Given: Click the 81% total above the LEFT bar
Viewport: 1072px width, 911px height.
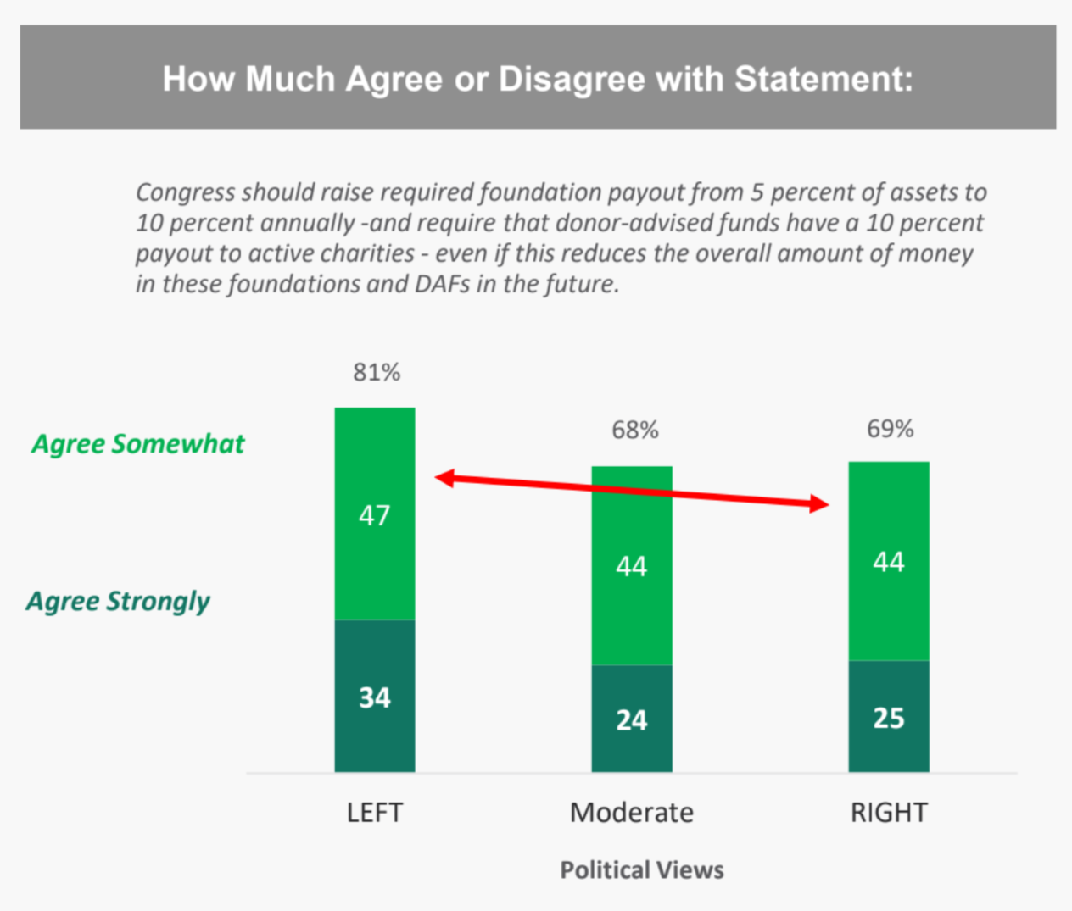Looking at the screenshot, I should tap(377, 372).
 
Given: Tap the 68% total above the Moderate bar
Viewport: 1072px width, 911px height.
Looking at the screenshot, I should tap(635, 431).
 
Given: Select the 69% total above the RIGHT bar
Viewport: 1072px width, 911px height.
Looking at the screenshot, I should tap(890, 429).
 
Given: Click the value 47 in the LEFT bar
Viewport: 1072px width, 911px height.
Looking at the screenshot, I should tap(374, 515).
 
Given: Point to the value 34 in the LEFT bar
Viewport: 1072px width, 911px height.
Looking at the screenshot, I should tap(374, 697).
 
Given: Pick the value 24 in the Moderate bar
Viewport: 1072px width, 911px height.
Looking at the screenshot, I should tap(631, 720).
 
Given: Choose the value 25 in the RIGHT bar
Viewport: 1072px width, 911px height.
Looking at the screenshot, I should tap(888, 718).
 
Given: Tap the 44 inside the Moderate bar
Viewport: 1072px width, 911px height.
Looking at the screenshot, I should tap(631, 566).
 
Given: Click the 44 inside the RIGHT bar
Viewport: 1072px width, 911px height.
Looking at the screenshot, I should tap(888, 562).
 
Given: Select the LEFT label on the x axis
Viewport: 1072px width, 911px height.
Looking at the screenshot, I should tap(374, 813).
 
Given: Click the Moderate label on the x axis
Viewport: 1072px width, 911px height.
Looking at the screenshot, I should tap(631, 813).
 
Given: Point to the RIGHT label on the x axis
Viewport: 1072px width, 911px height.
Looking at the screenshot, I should tap(888, 813).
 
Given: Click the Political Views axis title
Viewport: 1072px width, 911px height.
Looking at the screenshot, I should tap(642, 870).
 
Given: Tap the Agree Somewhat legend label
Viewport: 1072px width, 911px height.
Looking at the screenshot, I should tap(137, 444).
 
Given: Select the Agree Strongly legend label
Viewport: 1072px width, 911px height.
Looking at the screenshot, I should tap(118, 602).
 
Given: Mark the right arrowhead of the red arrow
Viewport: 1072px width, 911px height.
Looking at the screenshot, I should tap(819, 504).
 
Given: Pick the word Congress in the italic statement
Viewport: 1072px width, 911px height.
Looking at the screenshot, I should tap(184, 193).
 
